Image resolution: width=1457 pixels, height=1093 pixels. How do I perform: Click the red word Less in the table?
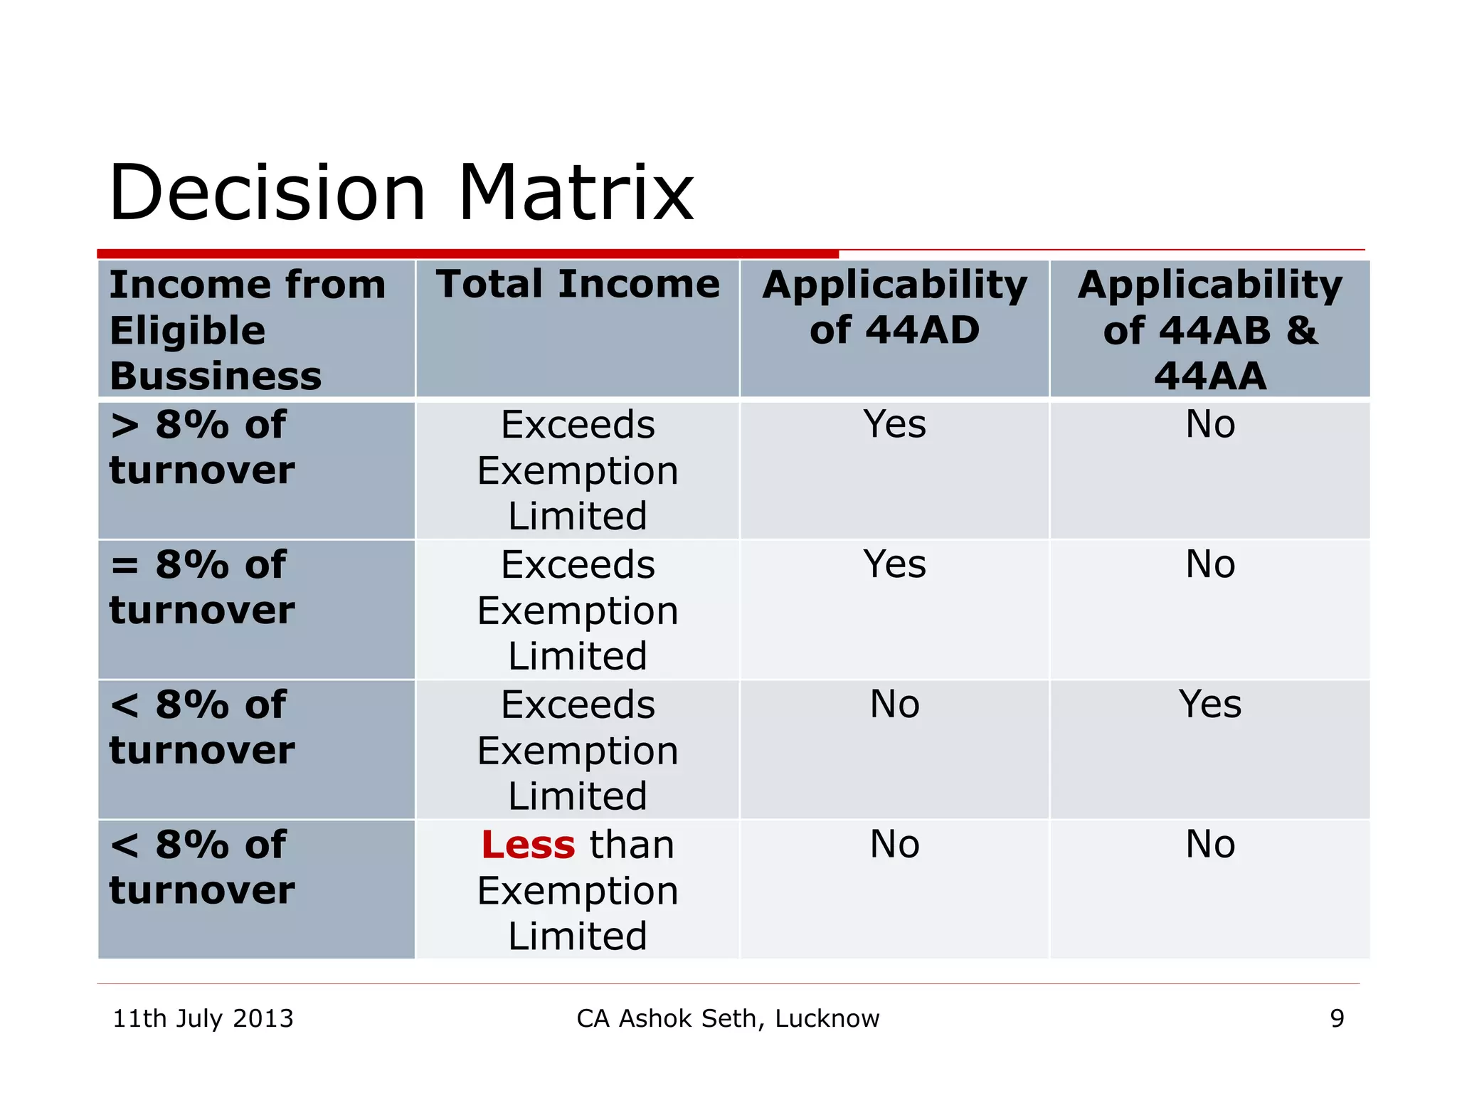point(527,845)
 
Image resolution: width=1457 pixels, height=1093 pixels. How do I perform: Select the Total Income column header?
point(578,284)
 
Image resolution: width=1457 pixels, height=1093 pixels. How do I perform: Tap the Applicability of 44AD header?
point(894,307)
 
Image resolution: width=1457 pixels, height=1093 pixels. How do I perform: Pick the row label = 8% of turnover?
point(202,587)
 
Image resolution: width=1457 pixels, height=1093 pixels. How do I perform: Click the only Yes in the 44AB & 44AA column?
point(1209,704)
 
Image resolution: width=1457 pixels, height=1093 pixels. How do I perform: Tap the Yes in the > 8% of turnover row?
point(894,424)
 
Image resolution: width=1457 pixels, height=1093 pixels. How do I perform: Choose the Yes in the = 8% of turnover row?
point(894,564)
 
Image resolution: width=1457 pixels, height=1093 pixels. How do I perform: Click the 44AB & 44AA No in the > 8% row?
point(1209,424)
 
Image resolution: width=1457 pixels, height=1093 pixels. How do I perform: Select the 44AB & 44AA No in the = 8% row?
point(1209,564)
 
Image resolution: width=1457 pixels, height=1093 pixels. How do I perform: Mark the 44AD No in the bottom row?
point(894,845)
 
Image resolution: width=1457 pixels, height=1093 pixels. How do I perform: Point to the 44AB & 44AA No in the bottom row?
point(1209,845)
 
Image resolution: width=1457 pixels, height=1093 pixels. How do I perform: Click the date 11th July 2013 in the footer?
point(203,1018)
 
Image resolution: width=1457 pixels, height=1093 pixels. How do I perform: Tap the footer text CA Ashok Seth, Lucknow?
point(728,1018)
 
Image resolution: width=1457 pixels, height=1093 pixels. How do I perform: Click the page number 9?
point(1337,1018)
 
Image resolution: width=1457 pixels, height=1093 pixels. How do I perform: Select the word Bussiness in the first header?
point(216,376)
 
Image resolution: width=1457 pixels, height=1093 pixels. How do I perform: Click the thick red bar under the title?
point(467,253)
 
